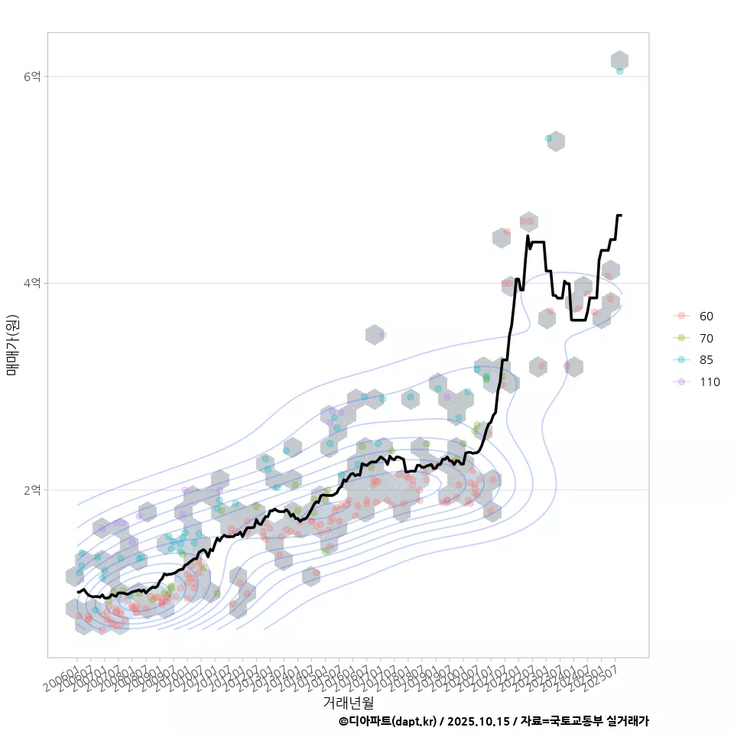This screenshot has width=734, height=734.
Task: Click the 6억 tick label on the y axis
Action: (x=32, y=76)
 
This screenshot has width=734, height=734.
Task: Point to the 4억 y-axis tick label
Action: (x=32, y=283)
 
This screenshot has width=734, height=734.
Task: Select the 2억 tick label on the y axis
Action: (x=32, y=489)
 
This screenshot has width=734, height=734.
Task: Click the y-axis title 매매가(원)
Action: (x=12, y=344)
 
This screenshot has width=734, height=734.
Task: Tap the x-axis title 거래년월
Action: (x=348, y=702)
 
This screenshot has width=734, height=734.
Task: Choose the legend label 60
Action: (x=706, y=317)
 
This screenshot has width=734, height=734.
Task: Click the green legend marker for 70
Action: (x=680, y=338)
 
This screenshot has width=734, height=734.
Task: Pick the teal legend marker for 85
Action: (x=680, y=360)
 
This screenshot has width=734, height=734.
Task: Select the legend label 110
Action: (x=710, y=382)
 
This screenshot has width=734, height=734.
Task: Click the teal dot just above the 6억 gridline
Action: (x=619, y=70)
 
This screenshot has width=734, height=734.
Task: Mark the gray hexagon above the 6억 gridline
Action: (x=620, y=60)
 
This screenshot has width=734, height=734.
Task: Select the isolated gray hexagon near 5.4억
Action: (x=557, y=141)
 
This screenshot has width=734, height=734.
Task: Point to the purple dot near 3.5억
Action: (x=382, y=335)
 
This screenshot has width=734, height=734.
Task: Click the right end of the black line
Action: (x=621, y=216)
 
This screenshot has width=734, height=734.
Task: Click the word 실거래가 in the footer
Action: (x=628, y=721)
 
